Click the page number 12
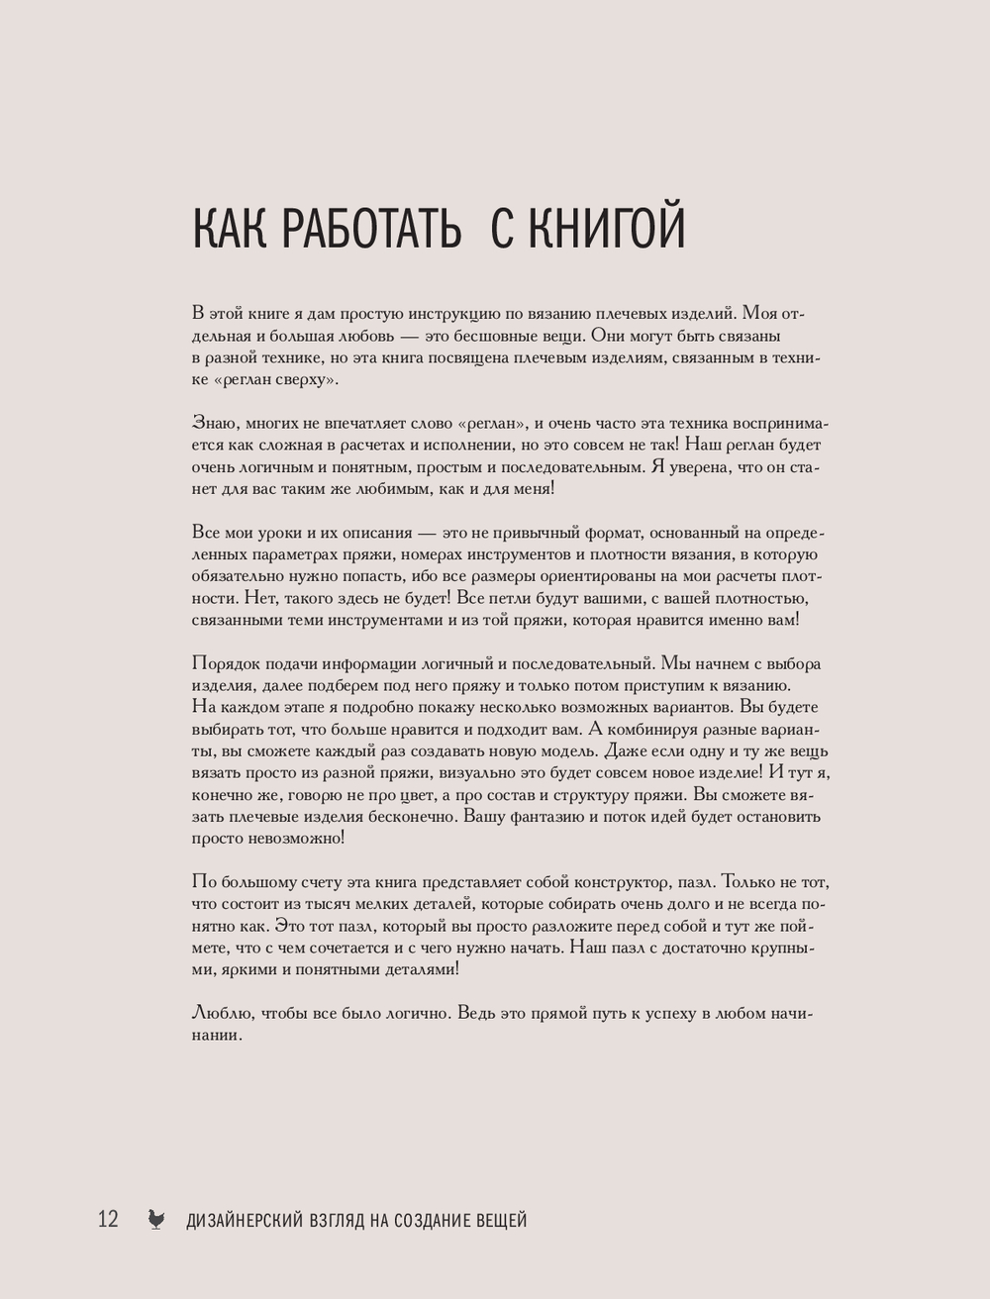coord(108,1219)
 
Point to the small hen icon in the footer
coord(155,1220)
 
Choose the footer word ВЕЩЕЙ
coord(503,1221)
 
